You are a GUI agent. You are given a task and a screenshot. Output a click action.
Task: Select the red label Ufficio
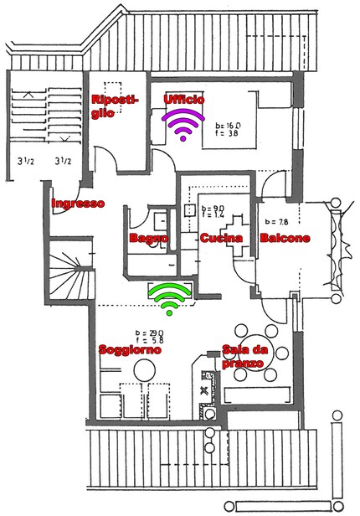[183, 100]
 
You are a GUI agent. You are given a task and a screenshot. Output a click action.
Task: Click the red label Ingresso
[78, 204]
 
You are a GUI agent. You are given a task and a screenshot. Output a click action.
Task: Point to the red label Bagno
[148, 239]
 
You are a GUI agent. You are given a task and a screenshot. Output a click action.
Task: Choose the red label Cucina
[221, 239]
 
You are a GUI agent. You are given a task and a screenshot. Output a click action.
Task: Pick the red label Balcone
[285, 239]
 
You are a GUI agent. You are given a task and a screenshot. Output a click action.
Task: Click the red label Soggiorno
[129, 349]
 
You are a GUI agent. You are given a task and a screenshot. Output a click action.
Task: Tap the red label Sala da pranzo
[243, 358]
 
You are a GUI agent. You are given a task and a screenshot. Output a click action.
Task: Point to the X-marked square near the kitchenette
[205, 390]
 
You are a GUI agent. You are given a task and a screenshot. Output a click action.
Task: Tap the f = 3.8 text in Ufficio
[228, 132]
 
